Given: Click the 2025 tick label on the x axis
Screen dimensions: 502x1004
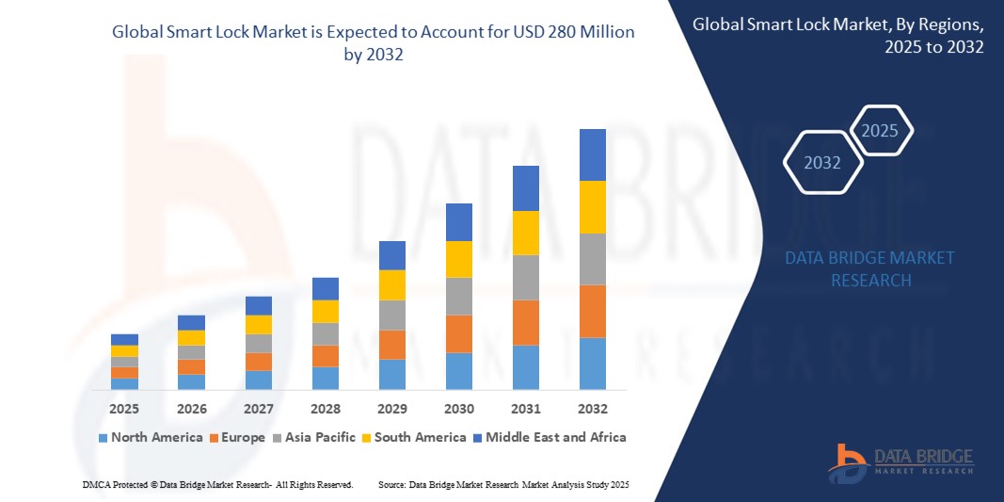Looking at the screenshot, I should pyautogui.click(x=124, y=409).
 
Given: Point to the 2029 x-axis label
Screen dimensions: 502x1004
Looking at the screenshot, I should pyautogui.click(x=391, y=409).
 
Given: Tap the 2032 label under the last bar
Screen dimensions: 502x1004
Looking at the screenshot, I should pyautogui.click(x=592, y=409).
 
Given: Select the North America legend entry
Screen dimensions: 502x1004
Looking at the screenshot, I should pyautogui.click(x=150, y=437).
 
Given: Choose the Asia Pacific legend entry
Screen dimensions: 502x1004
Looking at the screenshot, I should pyautogui.click(x=314, y=437).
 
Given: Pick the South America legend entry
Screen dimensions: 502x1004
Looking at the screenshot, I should pyautogui.click(x=414, y=437).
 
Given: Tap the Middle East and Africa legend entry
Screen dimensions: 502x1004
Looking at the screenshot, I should pyautogui.click(x=550, y=437).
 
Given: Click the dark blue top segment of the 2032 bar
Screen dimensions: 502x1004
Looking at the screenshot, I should pyautogui.click(x=592, y=154).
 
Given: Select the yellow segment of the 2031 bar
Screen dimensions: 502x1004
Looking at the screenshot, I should pyautogui.click(x=525, y=233).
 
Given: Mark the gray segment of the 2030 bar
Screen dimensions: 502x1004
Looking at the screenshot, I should pyautogui.click(x=458, y=296).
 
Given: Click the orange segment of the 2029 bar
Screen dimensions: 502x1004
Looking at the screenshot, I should pyautogui.click(x=391, y=344).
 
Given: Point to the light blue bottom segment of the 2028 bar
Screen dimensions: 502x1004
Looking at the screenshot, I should pyautogui.click(x=325, y=378).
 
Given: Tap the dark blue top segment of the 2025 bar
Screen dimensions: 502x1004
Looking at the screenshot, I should pyautogui.click(x=124, y=339).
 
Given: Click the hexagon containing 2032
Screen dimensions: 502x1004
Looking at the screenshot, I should pyautogui.click(x=822, y=163).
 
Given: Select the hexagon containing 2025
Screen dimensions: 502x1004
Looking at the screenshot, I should pyautogui.click(x=881, y=131).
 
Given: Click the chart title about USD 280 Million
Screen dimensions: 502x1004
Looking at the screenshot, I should pyautogui.click(x=374, y=42).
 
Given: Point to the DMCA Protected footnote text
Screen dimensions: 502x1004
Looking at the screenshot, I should pyautogui.click(x=217, y=484).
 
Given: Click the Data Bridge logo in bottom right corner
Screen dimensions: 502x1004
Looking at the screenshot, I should pyautogui.click(x=900, y=462).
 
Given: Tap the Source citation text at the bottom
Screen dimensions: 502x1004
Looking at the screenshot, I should pyautogui.click(x=502, y=484).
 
